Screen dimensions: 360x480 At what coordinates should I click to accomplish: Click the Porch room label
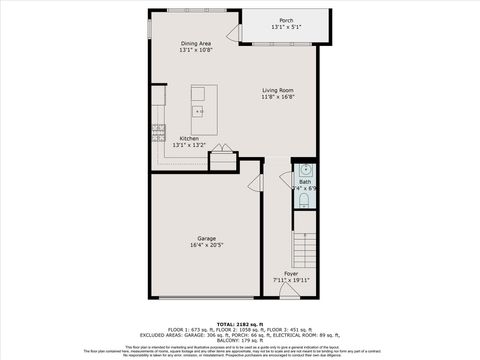point(286,20)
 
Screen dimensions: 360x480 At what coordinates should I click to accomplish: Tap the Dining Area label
point(195,43)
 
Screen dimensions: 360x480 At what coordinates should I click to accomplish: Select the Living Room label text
point(278,90)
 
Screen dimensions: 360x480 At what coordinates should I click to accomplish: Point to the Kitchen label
point(189,138)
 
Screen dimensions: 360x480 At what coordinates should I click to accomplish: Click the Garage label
point(206,238)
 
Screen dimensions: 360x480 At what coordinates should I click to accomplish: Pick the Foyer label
point(291,273)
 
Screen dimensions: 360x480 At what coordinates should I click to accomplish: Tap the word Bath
point(304,181)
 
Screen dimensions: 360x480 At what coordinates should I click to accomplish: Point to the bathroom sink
point(305,168)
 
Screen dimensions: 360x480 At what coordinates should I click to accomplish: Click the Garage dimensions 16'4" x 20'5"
point(206,245)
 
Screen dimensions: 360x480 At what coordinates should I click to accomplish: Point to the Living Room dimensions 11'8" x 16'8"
point(278,97)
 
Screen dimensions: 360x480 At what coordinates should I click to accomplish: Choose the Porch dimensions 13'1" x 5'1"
point(286,27)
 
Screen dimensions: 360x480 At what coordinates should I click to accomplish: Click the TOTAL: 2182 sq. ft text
point(239,325)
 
